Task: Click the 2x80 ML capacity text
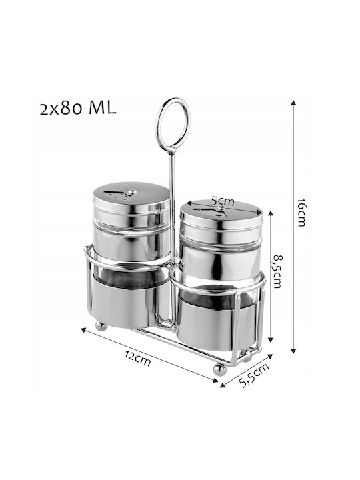[x=78, y=108]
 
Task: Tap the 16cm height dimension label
[x=301, y=212]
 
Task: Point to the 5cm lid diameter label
[x=223, y=201]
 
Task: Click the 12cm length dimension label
[x=138, y=359]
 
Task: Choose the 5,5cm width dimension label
[x=255, y=375]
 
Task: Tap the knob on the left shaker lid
[x=133, y=192]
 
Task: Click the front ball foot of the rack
[x=220, y=369]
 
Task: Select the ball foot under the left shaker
[x=101, y=326]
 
